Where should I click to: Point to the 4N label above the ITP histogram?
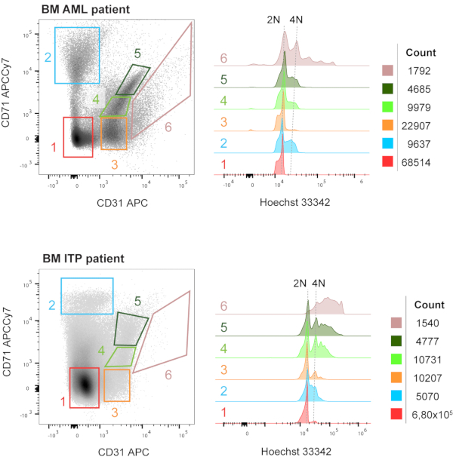[x=319, y=284]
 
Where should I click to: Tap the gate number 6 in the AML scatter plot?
[x=168, y=126]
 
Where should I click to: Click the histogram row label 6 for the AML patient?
[x=224, y=58]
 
